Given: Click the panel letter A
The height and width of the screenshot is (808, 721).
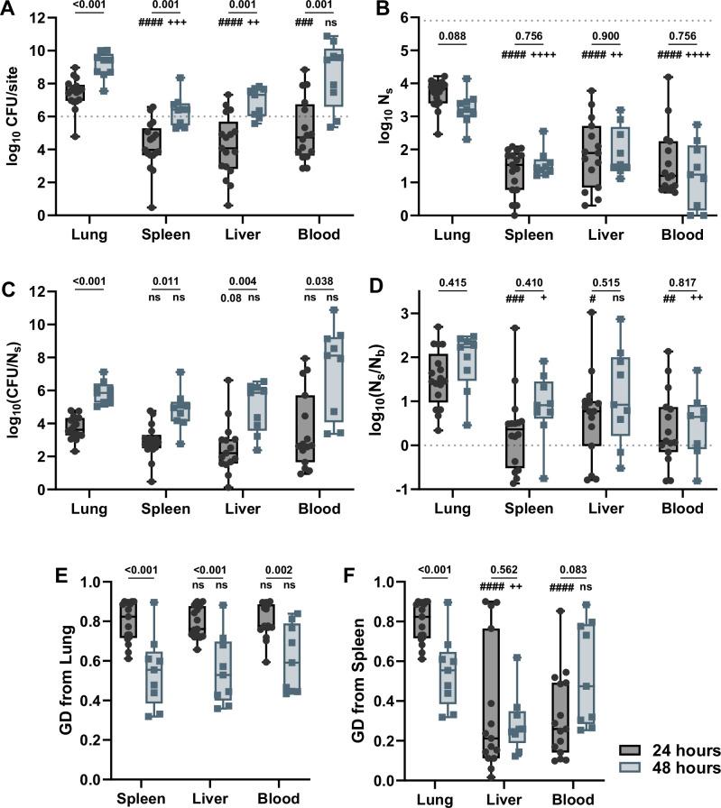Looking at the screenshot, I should (10, 12).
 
